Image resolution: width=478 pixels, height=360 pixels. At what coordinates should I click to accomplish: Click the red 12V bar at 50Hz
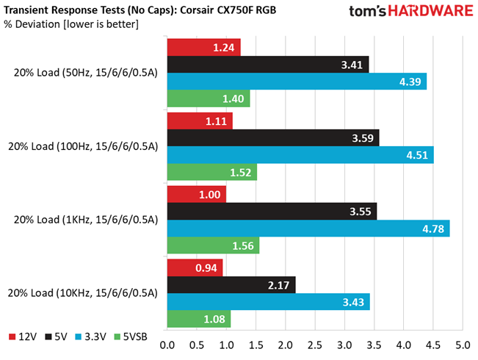(x=204, y=47)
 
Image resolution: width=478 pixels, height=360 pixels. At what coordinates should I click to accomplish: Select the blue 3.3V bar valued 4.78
(x=308, y=228)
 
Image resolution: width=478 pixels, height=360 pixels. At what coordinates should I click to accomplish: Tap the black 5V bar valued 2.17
(x=231, y=285)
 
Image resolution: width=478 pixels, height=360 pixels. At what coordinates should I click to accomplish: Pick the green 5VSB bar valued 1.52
(x=212, y=172)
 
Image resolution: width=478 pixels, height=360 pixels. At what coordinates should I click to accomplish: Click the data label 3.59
(x=363, y=138)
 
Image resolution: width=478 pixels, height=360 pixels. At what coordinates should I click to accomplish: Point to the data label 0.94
(x=206, y=268)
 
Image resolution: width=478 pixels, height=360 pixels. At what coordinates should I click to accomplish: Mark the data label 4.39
(x=410, y=82)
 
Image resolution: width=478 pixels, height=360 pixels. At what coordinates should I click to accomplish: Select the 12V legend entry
(x=23, y=336)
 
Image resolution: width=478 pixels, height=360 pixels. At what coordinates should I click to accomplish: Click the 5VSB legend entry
(x=131, y=336)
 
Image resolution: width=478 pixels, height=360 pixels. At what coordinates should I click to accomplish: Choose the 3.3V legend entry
(x=91, y=336)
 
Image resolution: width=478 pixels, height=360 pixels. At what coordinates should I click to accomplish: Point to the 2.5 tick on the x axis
(x=315, y=345)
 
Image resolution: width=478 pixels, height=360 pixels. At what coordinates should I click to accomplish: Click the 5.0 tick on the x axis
(x=463, y=345)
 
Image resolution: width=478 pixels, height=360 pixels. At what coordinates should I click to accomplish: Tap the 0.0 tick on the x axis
(x=167, y=345)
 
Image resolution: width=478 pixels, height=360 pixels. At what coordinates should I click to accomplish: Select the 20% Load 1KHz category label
(x=86, y=220)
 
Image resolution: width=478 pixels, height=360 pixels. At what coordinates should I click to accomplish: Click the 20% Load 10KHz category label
(x=83, y=293)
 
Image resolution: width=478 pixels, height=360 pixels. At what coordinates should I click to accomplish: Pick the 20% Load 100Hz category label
(x=83, y=146)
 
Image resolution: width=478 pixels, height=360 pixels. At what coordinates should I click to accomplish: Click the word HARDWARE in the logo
(x=430, y=11)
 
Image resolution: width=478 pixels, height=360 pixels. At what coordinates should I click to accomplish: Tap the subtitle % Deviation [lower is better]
(x=71, y=24)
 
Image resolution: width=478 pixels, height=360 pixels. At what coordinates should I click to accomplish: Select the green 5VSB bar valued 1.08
(x=199, y=319)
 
